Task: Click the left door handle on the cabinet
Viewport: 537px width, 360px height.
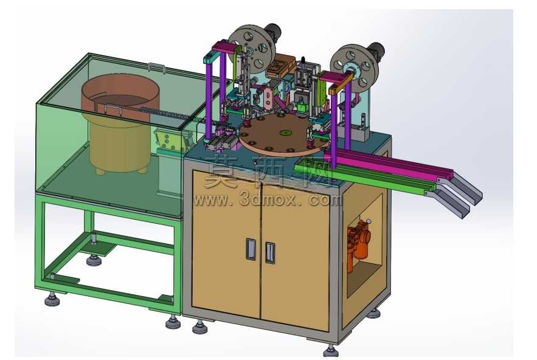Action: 251,248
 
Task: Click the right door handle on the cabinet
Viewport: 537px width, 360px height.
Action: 270,253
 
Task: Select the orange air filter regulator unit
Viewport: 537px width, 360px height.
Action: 359,241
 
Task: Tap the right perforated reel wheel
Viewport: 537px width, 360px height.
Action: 355,69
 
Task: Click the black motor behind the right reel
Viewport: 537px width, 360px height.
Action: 376,50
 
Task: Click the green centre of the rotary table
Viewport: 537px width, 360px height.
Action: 283,132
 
